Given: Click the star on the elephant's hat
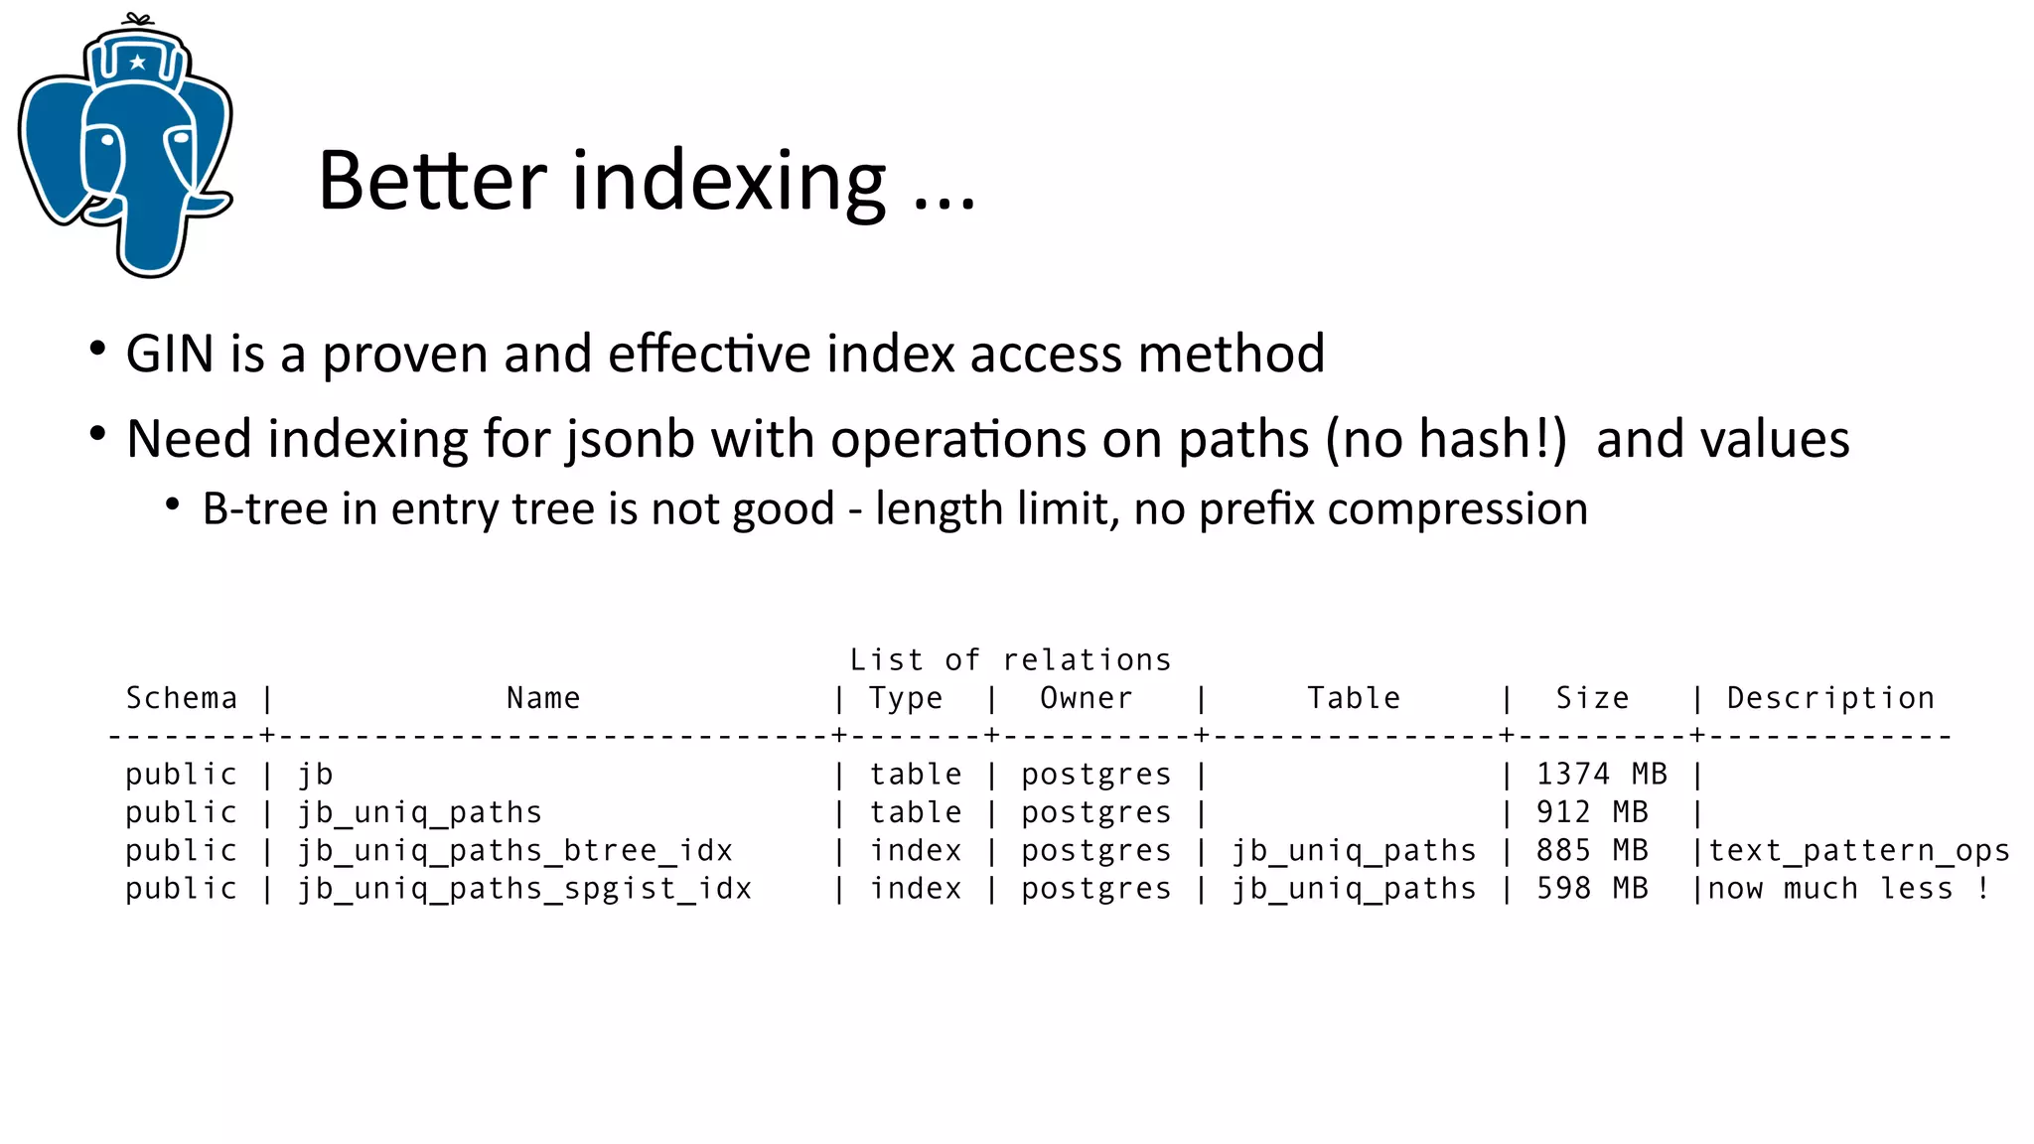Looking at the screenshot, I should [138, 63].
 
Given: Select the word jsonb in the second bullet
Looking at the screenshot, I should [630, 439].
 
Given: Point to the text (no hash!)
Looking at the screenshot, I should [1446, 439].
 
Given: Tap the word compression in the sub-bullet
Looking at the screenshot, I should [1457, 509].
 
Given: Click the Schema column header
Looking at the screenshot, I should [182, 698].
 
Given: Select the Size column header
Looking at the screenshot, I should [1592, 698].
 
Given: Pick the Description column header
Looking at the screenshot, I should [1830, 698].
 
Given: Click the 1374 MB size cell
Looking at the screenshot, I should [1601, 774].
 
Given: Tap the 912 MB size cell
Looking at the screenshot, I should [1592, 812].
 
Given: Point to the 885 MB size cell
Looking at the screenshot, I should [1592, 850].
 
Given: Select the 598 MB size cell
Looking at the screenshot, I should [1592, 888].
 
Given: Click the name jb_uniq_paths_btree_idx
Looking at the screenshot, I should [515, 851].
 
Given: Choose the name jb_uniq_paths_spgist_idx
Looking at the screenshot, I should [525, 889].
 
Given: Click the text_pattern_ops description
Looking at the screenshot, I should [1858, 851].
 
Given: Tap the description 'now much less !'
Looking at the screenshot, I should [1848, 888].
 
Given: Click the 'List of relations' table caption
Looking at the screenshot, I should [1010, 659].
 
